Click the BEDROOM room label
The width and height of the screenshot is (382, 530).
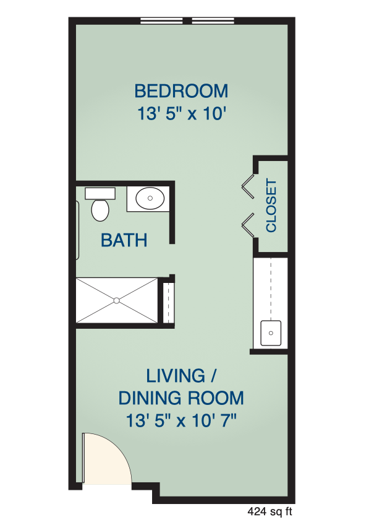click(181, 91)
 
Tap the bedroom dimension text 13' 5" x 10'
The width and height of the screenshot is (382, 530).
click(181, 113)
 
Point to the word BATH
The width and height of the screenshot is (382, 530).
click(124, 240)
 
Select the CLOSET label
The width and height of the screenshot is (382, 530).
click(271, 206)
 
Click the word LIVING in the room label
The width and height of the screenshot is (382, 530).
click(176, 376)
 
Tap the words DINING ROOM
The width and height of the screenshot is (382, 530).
click(181, 398)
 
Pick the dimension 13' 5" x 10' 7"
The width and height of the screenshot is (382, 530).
click(181, 421)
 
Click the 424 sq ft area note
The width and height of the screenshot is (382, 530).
click(270, 511)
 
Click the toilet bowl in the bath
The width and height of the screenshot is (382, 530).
click(100, 210)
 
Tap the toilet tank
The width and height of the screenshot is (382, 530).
click(100, 194)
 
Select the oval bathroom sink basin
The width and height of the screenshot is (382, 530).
click(150, 198)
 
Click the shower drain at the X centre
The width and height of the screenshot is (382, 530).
click(116, 300)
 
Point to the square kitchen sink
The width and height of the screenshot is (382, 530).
click(271, 333)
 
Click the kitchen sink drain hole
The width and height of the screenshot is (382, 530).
click(271, 333)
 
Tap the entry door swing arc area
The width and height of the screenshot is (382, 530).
click(106, 459)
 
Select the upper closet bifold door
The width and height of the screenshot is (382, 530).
click(248, 186)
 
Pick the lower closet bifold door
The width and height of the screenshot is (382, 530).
click(248, 225)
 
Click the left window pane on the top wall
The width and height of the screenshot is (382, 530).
click(162, 20)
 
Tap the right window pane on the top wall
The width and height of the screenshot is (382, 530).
click(213, 20)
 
